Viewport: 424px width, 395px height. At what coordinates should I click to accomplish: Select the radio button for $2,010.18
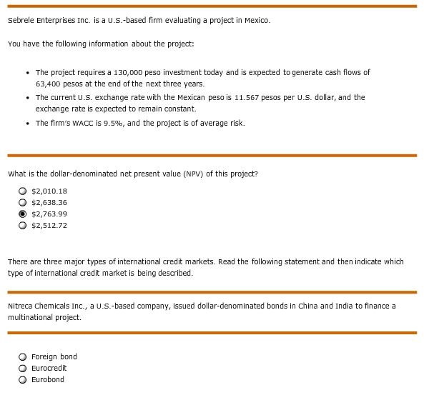(24, 191)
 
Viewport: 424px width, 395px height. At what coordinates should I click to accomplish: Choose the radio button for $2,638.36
(24, 202)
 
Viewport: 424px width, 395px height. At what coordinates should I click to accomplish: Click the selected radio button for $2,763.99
(24, 214)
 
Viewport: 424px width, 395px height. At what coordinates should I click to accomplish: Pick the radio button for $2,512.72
(24, 225)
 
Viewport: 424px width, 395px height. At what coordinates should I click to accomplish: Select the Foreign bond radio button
(24, 356)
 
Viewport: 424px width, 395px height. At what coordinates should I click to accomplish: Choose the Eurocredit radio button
(24, 368)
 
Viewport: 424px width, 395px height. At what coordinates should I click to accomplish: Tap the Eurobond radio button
(24, 379)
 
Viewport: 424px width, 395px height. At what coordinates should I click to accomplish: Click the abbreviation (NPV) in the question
(184, 174)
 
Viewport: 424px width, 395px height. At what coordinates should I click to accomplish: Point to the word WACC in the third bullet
(84, 123)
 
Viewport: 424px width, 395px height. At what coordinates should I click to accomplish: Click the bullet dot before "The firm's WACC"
(26, 123)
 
